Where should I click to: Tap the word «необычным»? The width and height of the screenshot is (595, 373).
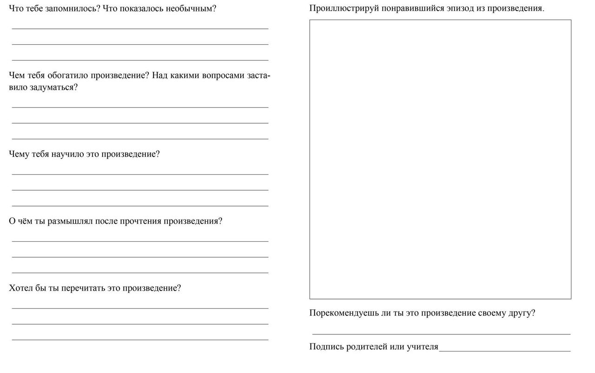(x=191, y=9)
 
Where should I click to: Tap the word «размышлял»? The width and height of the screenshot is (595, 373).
(x=70, y=221)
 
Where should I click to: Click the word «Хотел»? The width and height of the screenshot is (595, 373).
(x=21, y=288)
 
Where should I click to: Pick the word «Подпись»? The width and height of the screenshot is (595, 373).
(x=326, y=346)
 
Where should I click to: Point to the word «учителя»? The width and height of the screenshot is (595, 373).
(x=422, y=346)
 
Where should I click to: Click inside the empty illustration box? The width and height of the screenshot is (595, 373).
(x=440, y=159)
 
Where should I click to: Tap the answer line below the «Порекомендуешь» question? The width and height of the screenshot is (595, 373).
(x=441, y=333)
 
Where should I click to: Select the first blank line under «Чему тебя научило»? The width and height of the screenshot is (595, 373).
(x=140, y=174)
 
